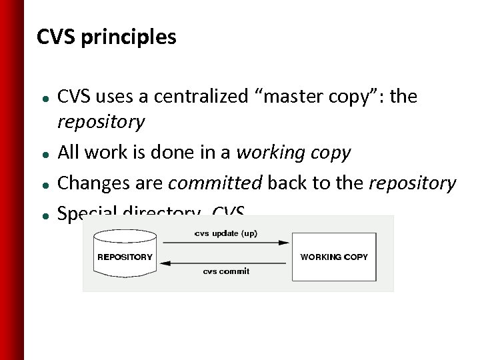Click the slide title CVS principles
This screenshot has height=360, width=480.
click(x=107, y=37)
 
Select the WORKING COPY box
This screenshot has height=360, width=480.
click(x=334, y=257)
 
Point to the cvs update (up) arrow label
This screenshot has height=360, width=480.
click(x=226, y=233)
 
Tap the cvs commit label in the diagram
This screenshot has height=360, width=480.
click(x=226, y=271)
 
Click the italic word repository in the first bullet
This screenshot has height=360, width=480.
click(x=101, y=122)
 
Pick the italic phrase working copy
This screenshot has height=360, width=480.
click(x=293, y=153)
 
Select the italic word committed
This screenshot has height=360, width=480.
click(x=215, y=183)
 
